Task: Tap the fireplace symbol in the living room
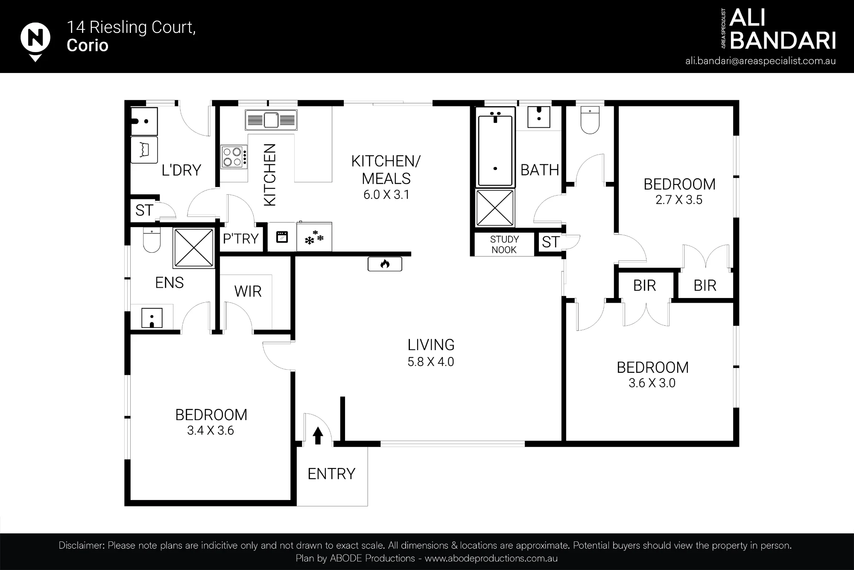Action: [x=385, y=264]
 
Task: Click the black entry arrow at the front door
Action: [x=318, y=436]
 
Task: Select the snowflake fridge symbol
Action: [x=314, y=237]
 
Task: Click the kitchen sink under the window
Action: [x=271, y=120]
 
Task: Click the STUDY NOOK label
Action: [x=504, y=245]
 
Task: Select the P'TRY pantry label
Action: [x=241, y=239]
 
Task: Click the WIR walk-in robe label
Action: [x=248, y=292]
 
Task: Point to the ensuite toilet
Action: [x=152, y=240]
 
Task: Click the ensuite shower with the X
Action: [x=194, y=248]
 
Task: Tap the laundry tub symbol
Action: [x=144, y=150]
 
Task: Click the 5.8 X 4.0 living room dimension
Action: [x=431, y=362]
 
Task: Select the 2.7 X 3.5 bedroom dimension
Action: [x=679, y=200]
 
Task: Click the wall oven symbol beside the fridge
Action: [x=282, y=237]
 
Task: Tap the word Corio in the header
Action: [x=88, y=46]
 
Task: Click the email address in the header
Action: [x=760, y=61]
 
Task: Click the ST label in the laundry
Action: [x=144, y=210]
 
